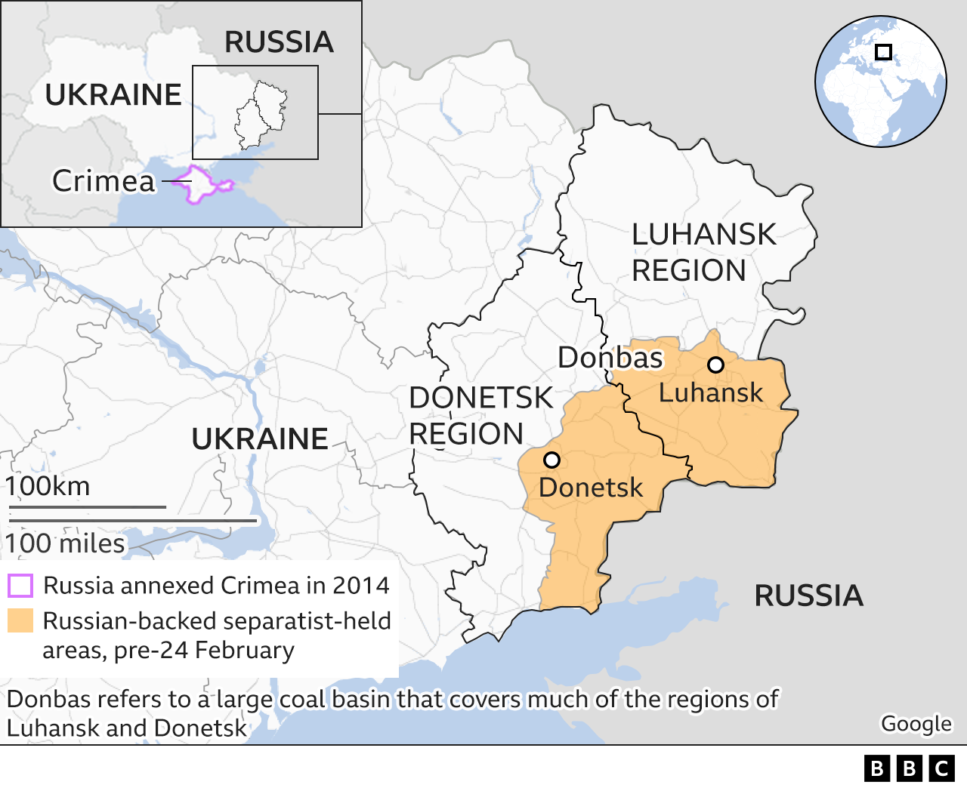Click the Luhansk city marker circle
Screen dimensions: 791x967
[x=715, y=365]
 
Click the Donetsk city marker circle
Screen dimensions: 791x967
[x=551, y=460]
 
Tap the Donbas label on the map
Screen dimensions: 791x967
[x=610, y=358]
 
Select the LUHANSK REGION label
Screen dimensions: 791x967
[x=703, y=252]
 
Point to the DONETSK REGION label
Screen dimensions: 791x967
[x=480, y=416]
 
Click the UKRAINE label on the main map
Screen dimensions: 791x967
[x=259, y=439]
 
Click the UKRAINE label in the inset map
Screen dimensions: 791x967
[x=113, y=95]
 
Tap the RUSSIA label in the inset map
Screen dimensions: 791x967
[x=279, y=42]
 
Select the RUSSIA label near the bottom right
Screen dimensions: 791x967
[x=808, y=596]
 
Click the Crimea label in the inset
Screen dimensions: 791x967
[x=103, y=181]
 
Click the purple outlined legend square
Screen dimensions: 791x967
[x=20, y=586]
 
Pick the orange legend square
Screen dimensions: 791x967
[x=20, y=620]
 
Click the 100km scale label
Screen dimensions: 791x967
[x=48, y=486]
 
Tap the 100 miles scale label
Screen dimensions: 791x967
[x=65, y=543]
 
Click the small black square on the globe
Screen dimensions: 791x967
[x=883, y=52]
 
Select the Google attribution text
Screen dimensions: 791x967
[x=916, y=723]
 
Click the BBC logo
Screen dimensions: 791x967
[x=909, y=768]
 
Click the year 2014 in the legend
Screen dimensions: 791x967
[x=361, y=586]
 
